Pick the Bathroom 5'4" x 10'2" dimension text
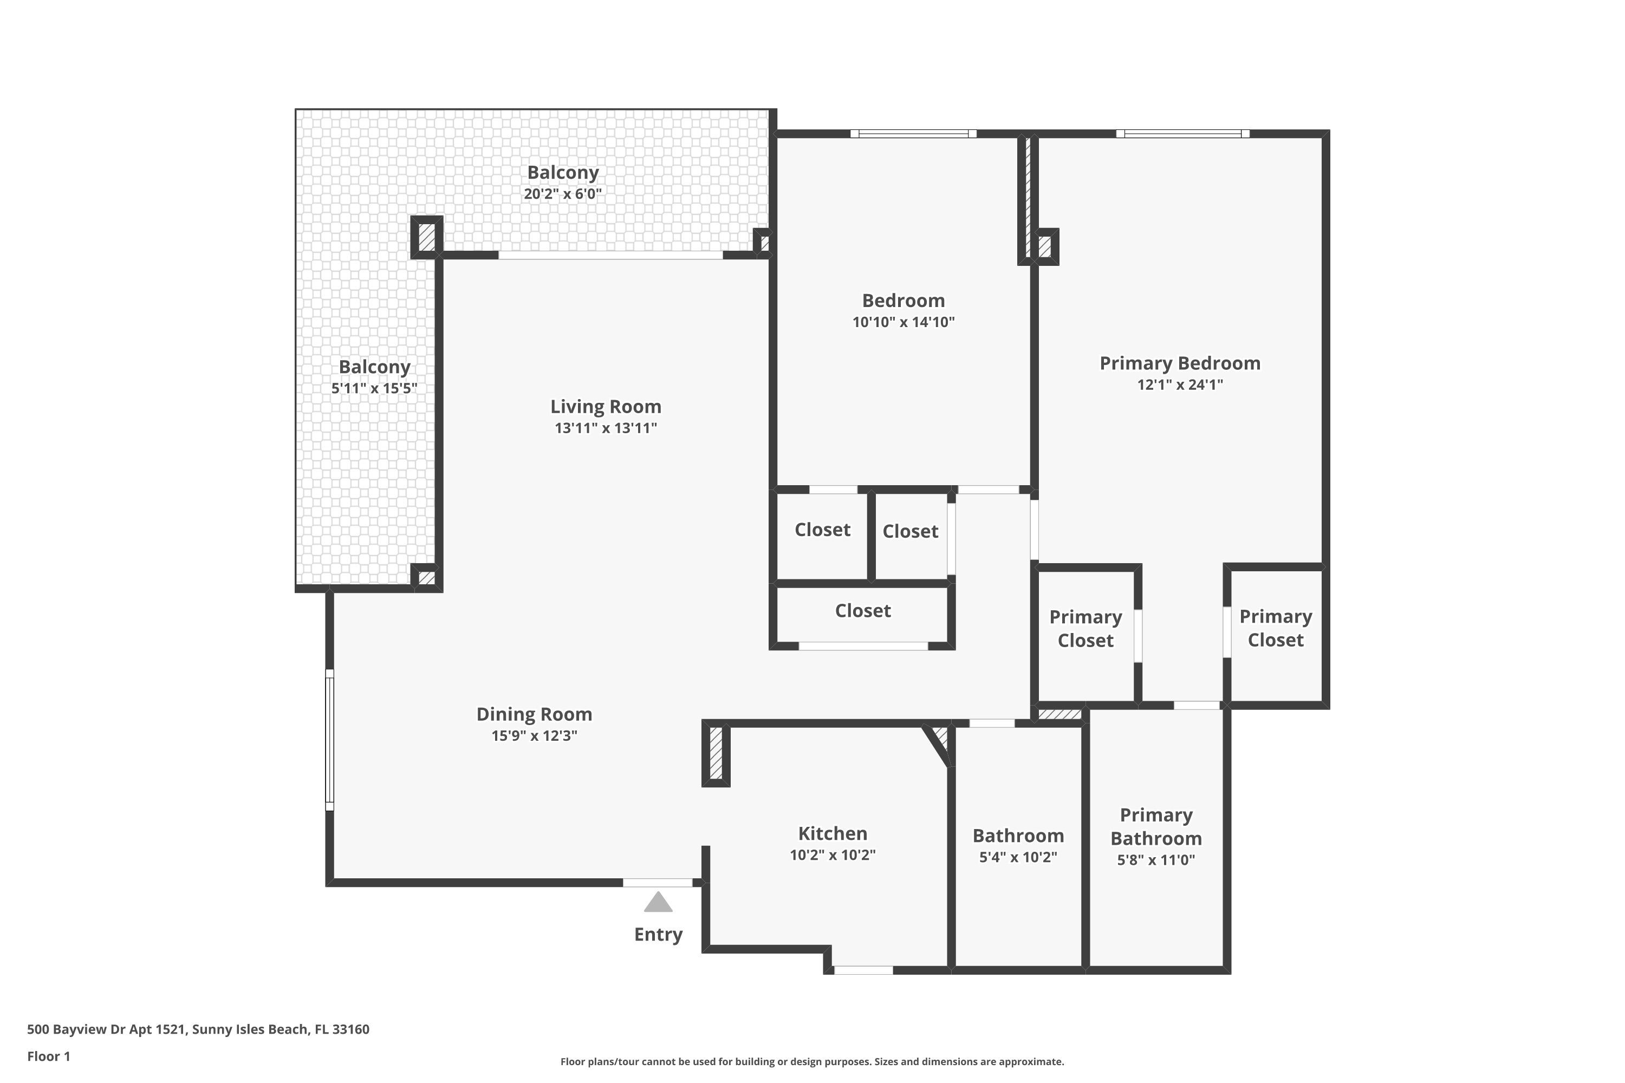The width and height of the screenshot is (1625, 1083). point(1018,857)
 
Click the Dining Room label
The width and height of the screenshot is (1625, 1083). point(534,714)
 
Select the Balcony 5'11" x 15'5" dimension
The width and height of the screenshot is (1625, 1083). point(374,388)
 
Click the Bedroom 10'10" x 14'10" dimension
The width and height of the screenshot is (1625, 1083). point(903,322)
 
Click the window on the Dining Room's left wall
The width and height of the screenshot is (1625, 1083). point(329,740)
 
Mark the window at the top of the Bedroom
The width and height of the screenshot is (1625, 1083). point(913,134)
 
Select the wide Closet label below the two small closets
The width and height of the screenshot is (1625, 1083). point(862,611)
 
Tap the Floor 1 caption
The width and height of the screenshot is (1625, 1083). point(48,1056)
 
